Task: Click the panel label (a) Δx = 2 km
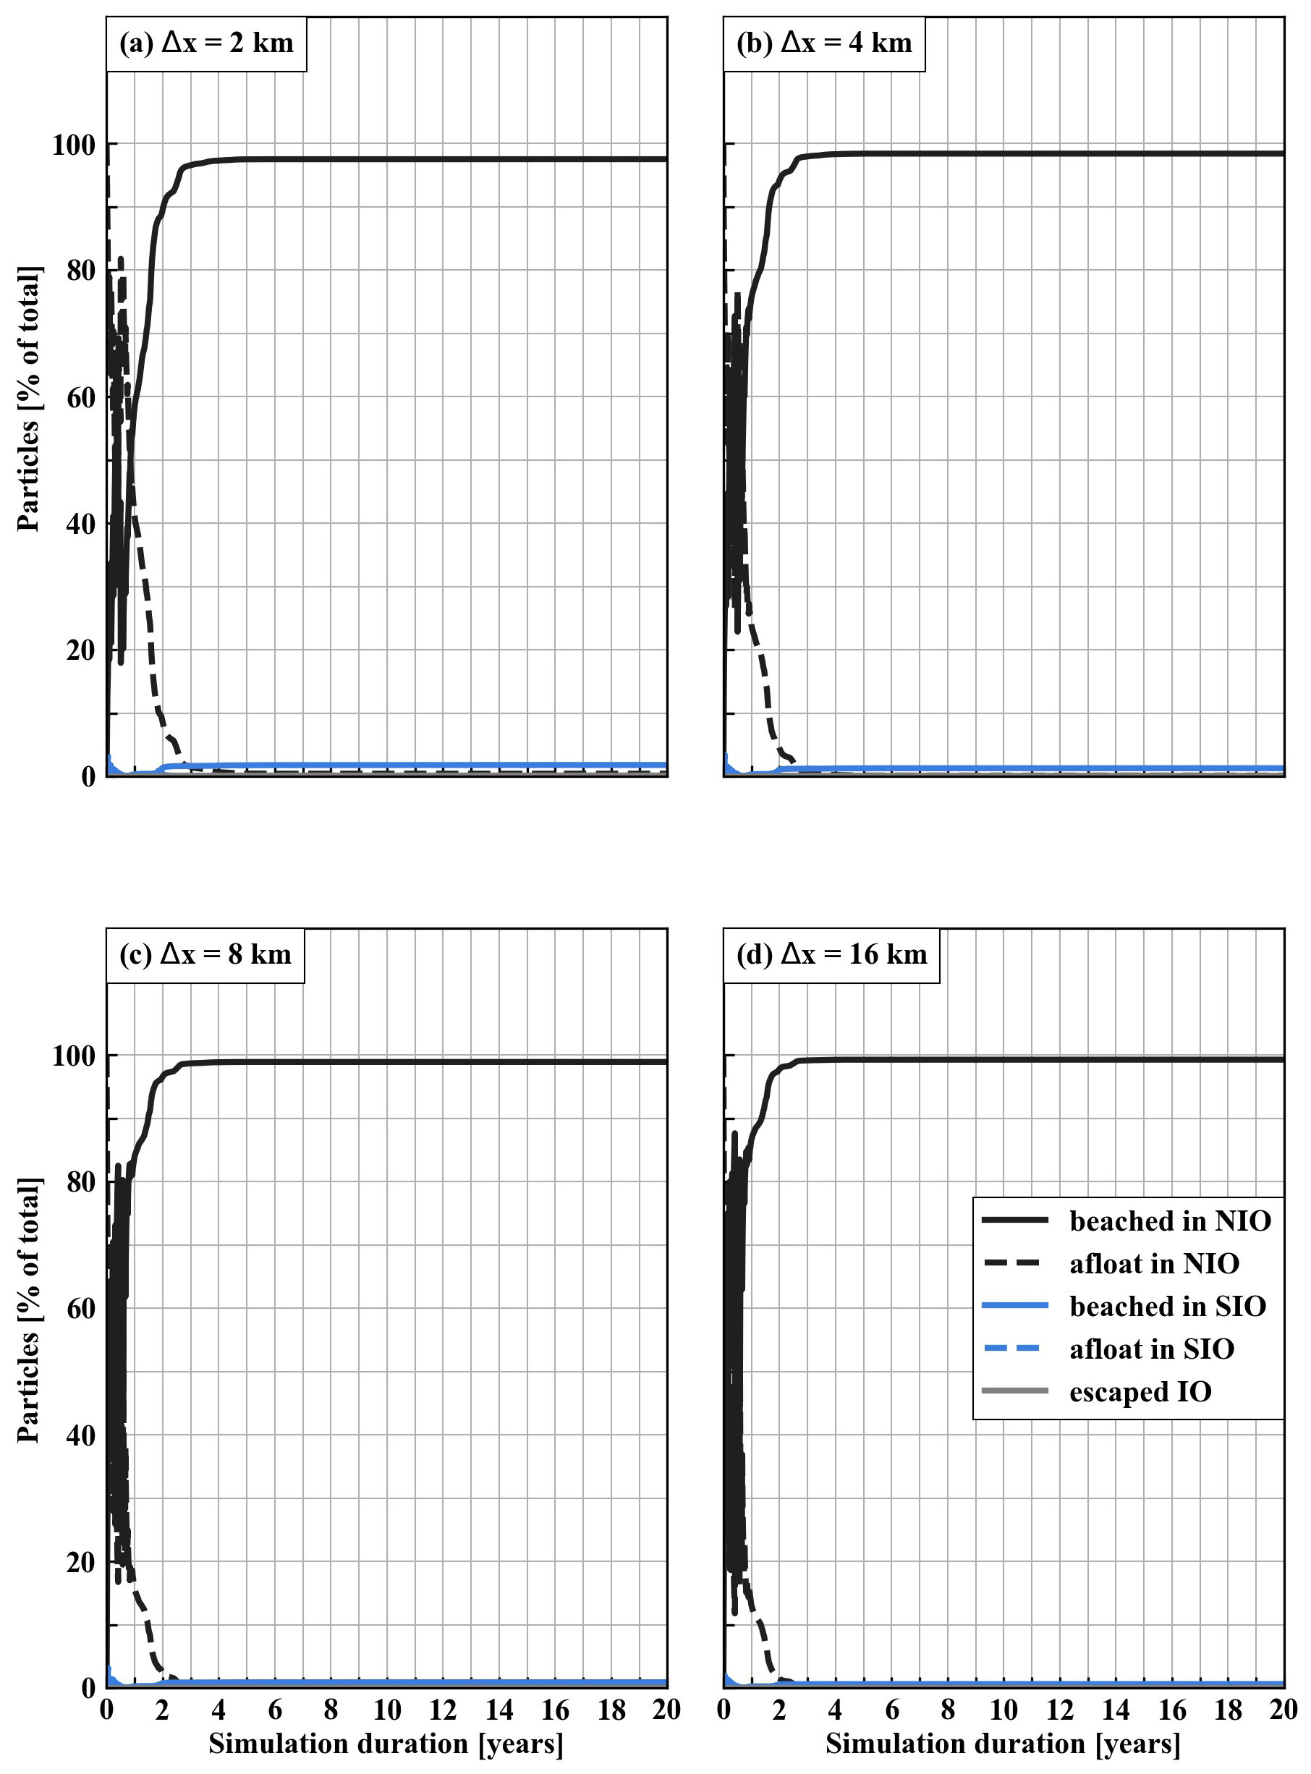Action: click(206, 43)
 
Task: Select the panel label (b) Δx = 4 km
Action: click(824, 43)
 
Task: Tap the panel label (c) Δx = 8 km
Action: click(205, 954)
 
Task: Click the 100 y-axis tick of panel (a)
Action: click(73, 145)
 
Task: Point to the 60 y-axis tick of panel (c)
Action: click(80, 1309)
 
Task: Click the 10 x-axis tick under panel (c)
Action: click(386, 1710)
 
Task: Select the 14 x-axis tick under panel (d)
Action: click(1116, 1710)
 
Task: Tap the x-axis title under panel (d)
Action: click(1003, 1744)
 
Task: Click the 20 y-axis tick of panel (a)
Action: click(80, 651)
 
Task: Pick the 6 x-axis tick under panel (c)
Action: click(275, 1710)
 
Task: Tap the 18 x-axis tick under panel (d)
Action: click(1228, 1710)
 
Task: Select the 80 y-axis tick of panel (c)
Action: click(80, 1182)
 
